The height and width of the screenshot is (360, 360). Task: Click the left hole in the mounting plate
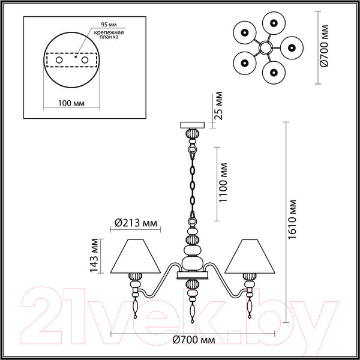(x=58, y=61)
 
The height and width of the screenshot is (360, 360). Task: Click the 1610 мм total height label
(x=293, y=220)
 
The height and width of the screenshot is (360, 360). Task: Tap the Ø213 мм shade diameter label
(x=136, y=224)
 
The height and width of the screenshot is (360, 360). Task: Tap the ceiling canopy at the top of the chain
(x=193, y=125)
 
